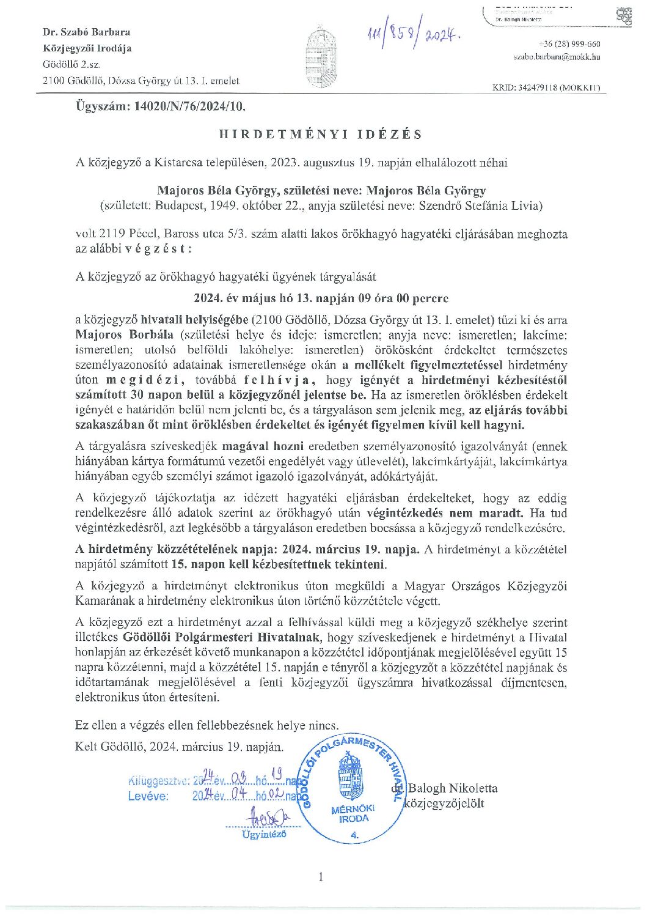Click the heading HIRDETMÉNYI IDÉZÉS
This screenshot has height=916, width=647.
(x=321, y=135)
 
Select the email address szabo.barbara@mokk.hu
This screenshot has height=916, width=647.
(x=557, y=57)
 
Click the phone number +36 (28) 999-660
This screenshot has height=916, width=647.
(x=570, y=44)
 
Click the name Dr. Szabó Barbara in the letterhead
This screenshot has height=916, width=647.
(x=86, y=32)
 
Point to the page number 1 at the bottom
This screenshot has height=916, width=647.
(x=321, y=877)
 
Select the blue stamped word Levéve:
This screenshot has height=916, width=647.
(x=148, y=796)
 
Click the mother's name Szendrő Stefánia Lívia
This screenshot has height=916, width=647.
(x=480, y=206)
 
